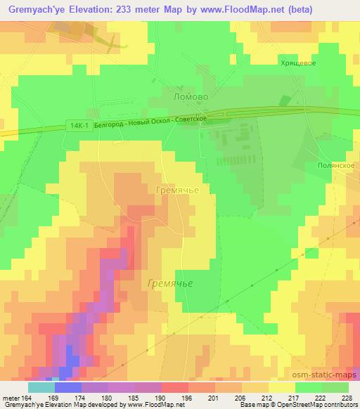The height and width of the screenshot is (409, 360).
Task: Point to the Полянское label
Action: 333,165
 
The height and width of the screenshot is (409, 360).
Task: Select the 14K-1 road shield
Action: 80,125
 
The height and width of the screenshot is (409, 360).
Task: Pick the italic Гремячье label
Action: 171,283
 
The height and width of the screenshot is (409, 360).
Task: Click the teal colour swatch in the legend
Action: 41,387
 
